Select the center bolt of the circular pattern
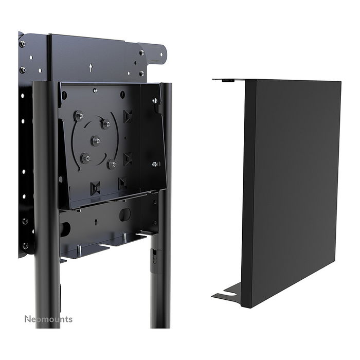pyautogui.click(x=96, y=140)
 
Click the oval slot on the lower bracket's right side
pyautogui.click(x=125, y=214)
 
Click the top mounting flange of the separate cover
pyautogui.click(x=228, y=80)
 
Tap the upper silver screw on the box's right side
pyautogui.click(x=155, y=101)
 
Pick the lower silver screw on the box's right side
pyautogui.click(x=155, y=164)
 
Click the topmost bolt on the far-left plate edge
pyautogui.click(x=22, y=44)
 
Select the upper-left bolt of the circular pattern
pyautogui.click(x=79, y=117)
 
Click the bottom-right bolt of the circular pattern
pyautogui.click(x=112, y=164)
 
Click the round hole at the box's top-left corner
pyautogui.click(x=64, y=95)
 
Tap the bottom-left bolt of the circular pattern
pyautogui.click(x=86, y=158)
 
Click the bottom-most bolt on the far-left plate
pyautogui.click(x=25, y=246)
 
